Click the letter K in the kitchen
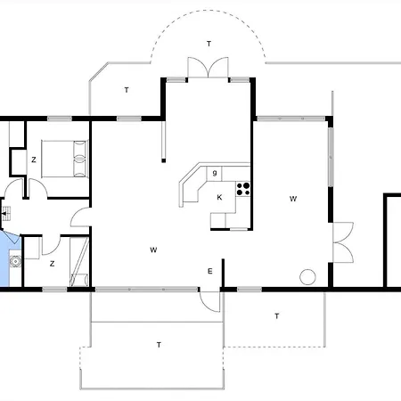[x=218, y=198]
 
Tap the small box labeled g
[x=215, y=172]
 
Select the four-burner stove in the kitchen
[x=243, y=188]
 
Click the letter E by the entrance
[x=210, y=271]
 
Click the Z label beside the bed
[x=34, y=160]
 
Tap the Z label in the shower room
[x=52, y=263]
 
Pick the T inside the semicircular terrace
[x=209, y=43]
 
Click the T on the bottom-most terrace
[x=159, y=344]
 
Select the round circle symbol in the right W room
[x=307, y=276]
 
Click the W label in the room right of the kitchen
[x=292, y=200]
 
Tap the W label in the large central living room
[x=153, y=250]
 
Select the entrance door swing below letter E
[x=209, y=300]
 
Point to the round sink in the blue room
[x=15, y=261]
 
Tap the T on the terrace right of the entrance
[x=276, y=316]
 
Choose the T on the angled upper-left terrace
[x=127, y=90]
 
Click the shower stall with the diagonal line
[x=78, y=262]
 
